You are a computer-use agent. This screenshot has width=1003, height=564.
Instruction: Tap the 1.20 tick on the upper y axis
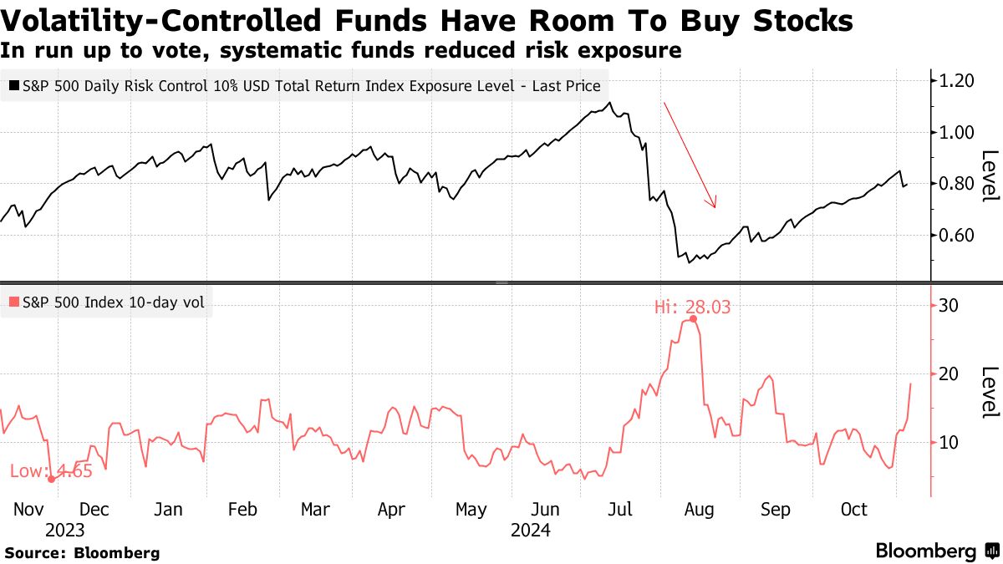pos(956,81)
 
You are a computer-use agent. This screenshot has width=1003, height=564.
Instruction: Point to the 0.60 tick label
pos(956,235)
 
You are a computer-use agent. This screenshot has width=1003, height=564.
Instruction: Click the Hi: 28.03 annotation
pos(693,307)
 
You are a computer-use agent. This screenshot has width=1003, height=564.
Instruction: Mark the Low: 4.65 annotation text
pos(50,471)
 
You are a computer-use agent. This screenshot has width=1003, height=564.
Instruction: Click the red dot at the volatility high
pos(693,318)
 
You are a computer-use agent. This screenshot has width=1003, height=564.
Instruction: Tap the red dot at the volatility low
pos(52,479)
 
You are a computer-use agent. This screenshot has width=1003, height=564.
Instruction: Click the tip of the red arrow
pos(715,206)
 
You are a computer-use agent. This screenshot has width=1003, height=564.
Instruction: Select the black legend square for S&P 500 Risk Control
pos(15,85)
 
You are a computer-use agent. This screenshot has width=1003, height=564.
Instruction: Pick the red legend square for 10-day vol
pos(15,302)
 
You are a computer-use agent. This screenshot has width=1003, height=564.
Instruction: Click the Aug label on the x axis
pos(699,510)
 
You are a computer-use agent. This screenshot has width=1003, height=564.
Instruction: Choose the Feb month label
pos(242,510)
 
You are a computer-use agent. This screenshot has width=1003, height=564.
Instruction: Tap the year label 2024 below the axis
pos(530,530)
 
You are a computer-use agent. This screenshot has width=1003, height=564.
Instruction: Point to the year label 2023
pos(65,530)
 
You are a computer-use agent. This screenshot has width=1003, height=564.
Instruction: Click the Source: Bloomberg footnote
pos(82,552)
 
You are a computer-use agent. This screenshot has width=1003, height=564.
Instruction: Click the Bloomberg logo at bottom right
pos(936,551)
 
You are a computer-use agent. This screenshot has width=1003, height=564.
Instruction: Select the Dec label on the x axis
pos(94,510)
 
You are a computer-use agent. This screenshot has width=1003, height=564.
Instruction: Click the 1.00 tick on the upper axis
pos(956,132)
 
